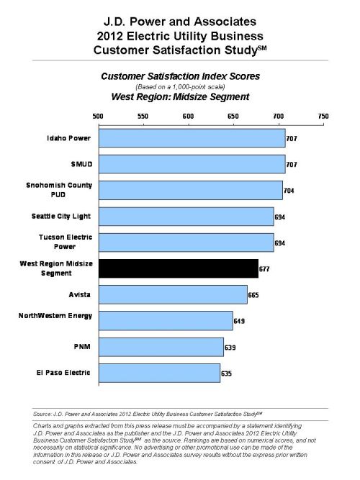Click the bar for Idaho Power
[x=192, y=138]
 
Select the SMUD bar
[x=192, y=164]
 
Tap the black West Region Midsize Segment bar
[x=179, y=268]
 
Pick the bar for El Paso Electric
[x=159, y=373]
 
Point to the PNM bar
[x=161, y=347]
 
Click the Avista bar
[x=173, y=294]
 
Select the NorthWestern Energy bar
[x=166, y=321]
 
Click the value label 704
[x=289, y=191]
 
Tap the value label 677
[x=264, y=269]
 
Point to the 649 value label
[x=239, y=321]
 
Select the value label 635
[x=226, y=373]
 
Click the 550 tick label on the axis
[x=143, y=117]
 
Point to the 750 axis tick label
[x=323, y=117]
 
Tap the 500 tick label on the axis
[x=98, y=117]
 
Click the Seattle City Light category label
[x=61, y=217]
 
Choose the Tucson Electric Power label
[x=66, y=242]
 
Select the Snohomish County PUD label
[x=59, y=190]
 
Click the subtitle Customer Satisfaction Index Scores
[x=181, y=76]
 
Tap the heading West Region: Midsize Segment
[x=180, y=96]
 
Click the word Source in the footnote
[x=42, y=414]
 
